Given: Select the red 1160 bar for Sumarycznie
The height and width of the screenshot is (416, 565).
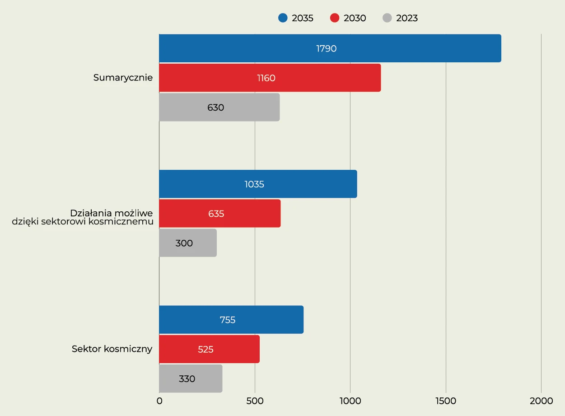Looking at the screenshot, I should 270,78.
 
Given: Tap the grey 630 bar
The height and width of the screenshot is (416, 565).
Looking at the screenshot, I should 219,108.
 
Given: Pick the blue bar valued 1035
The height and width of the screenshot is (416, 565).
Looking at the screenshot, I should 258,184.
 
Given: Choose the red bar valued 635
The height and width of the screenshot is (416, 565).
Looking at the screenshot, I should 219,214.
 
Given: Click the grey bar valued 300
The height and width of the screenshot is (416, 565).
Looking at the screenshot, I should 187,243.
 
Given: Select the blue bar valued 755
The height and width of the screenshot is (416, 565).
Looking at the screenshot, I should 231,320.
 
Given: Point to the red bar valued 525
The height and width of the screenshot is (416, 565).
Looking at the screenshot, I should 209,349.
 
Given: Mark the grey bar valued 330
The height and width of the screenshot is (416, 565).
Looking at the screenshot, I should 190,379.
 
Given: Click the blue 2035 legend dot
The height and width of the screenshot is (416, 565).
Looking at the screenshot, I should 283,18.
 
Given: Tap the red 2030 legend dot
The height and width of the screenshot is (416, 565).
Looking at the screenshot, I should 335,18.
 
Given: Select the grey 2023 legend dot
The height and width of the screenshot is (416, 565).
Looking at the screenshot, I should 387,18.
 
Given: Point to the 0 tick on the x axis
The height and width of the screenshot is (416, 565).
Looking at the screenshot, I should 159,401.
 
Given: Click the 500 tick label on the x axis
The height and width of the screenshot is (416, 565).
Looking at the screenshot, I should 255,401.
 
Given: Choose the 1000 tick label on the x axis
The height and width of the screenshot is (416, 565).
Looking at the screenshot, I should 350,401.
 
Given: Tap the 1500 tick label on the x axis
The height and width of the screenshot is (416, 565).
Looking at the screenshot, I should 446,401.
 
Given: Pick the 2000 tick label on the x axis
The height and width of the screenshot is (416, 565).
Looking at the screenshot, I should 541,401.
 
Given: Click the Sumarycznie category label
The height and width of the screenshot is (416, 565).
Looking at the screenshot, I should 123,78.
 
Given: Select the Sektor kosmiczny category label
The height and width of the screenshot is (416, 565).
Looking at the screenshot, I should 112,349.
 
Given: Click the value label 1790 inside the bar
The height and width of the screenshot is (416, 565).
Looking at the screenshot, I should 326,49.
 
